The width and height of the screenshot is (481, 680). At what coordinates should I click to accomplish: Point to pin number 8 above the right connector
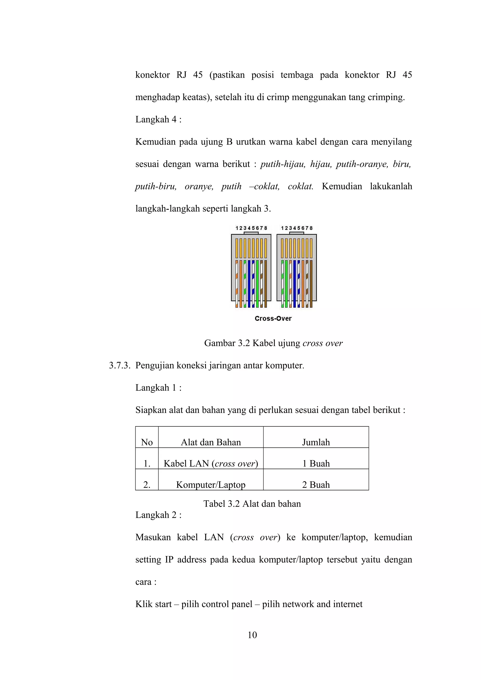click(311, 228)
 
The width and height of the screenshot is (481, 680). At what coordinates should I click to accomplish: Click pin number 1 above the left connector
click(237, 228)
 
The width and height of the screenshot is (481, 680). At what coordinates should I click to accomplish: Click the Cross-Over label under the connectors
click(273, 319)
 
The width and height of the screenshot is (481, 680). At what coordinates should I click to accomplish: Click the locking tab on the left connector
click(251, 233)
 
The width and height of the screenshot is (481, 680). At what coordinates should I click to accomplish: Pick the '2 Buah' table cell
click(316, 485)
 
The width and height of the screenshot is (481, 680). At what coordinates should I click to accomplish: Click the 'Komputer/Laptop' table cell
click(211, 485)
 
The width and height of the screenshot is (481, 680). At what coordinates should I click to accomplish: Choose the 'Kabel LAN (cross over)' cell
click(211, 463)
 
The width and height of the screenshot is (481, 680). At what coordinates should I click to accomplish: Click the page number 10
click(252, 635)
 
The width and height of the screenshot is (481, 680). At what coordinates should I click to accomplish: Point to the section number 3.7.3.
click(120, 366)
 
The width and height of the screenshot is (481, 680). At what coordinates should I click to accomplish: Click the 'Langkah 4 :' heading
click(158, 120)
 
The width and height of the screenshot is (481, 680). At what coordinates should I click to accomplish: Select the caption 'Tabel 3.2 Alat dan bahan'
click(252, 504)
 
